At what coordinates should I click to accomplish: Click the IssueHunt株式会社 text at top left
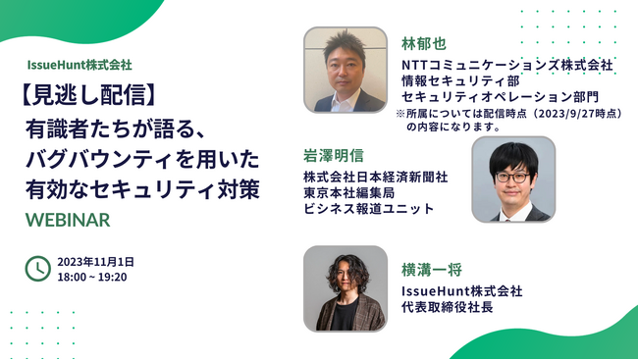click(80, 65)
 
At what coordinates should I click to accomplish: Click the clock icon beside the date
click(37, 268)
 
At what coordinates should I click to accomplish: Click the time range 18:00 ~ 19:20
click(92, 277)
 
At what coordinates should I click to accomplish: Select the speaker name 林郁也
click(423, 44)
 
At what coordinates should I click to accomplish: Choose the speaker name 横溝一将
click(431, 269)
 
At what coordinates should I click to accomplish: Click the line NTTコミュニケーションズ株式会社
click(506, 65)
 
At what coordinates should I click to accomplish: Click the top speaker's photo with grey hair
click(345, 70)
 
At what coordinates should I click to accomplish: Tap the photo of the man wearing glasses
click(512, 179)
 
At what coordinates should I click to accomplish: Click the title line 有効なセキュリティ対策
click(143, 189)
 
